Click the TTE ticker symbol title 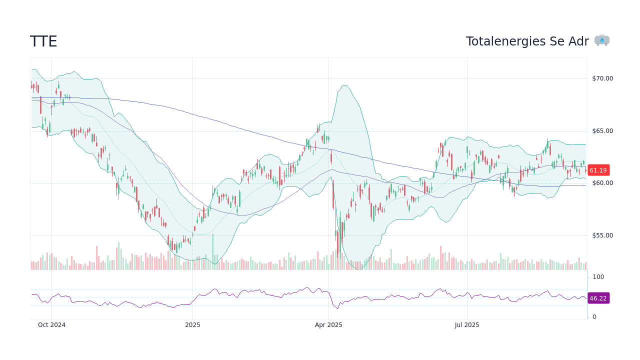pos(43,41)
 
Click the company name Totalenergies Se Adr pos(527,41)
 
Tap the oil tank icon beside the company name pos(602,40)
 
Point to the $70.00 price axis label pos(602,78)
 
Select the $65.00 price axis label pos(602,131)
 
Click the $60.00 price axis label pos(602,183)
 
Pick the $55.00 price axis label pos(602,235)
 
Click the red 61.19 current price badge pos(598,170)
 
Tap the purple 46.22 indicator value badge pos(598,298)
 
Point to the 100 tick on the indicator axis pos(598,277)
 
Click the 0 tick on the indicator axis pos(594,317)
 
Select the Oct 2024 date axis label pos(51,325)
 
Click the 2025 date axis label pos(192,325)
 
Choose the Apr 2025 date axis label pos(328,325)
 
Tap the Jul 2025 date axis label pos(467,325)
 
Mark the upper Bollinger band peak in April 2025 pos(345,85)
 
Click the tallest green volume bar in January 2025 pos(212,251)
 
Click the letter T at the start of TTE pos(34,41)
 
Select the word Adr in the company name pos(579,41)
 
